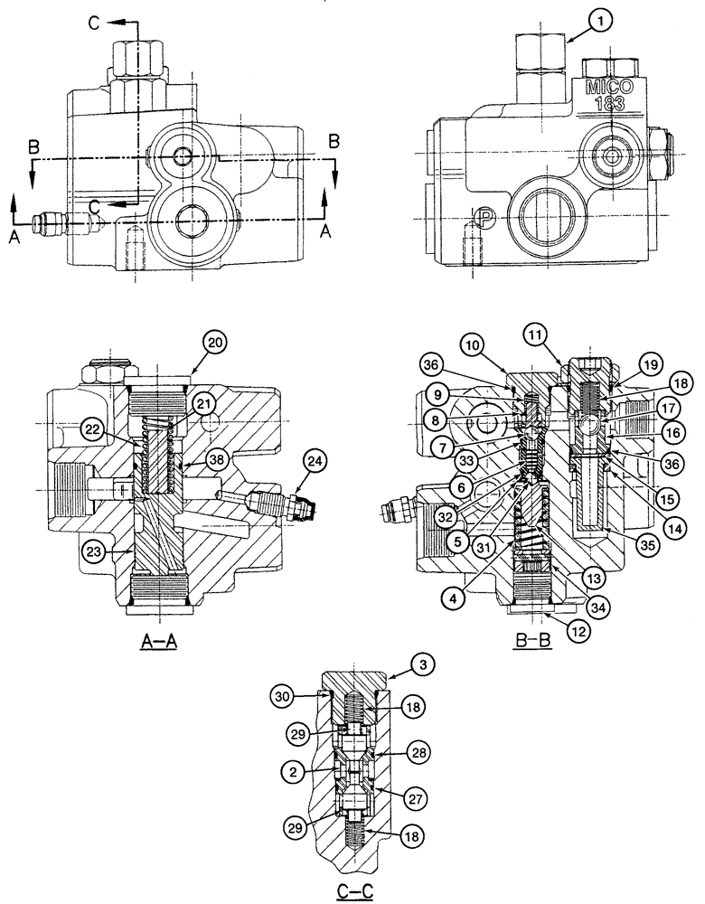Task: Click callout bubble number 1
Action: point(597,19)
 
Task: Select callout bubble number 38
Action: point(216,458)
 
